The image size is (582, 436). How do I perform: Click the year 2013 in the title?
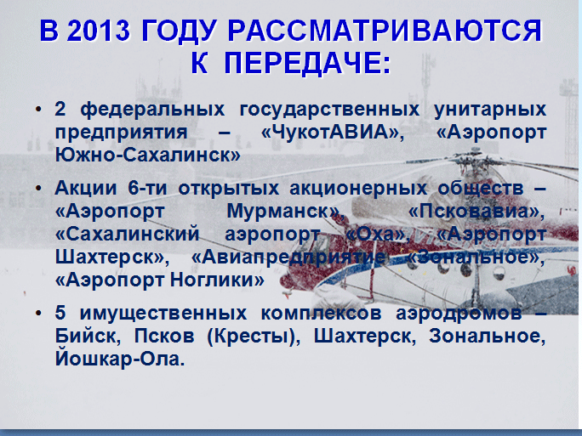coord(99,31)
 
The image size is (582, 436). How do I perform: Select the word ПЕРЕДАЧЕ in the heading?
coord(307,63)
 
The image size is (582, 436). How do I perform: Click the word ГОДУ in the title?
coord(179,31)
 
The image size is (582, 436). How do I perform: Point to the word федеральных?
coord(152,110)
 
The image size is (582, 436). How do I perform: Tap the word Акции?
coord(86,189)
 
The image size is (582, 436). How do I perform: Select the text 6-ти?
coord(147,188)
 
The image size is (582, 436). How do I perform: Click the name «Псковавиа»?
coord(476,212)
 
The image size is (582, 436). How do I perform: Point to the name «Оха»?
coord(375,235)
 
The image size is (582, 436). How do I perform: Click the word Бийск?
coord(88,337)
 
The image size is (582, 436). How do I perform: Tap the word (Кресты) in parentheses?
coord(254,337)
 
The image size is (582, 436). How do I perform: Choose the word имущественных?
coord(163,314)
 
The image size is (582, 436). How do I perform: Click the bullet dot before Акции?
coord(38,189)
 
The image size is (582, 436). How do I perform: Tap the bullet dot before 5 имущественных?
coord(38,314)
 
